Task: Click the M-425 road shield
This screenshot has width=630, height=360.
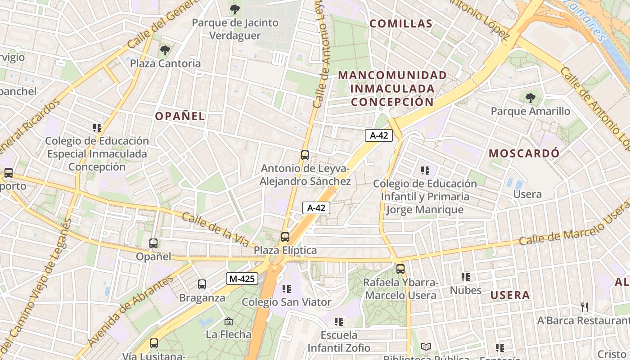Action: [x=242, y=279]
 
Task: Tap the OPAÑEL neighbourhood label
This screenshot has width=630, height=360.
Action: [x=180, y=116]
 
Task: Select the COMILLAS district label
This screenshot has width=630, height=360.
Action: [x=401, y=23]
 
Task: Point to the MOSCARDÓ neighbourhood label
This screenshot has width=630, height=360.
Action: [x=524, y=153]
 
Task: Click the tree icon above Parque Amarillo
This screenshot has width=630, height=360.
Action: [x=531, y=98]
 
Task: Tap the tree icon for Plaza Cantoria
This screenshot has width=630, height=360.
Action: [x=165, y=50]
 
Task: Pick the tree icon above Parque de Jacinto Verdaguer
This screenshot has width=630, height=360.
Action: [x=235, y=9]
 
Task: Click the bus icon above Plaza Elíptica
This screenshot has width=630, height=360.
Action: [x=285, y=237]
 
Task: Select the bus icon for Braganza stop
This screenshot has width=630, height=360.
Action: [x=202, y=284]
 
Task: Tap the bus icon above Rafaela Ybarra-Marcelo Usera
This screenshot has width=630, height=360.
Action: [x=400, y=269]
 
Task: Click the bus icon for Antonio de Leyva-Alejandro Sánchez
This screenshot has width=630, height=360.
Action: [x=305, y=155]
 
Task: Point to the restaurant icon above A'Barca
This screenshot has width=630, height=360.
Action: [x=585, y=307]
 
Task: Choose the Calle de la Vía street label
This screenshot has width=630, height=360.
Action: [x=216, y=229]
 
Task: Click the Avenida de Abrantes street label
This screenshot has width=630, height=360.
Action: [x=130, y=311]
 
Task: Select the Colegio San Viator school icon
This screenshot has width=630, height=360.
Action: [x=287, y=289]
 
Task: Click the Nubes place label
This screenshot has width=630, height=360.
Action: [x=466, y=290]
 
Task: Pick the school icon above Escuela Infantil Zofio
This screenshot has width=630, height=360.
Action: [x=339, y=322]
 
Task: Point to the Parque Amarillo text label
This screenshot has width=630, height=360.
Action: [x=530, y=111]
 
